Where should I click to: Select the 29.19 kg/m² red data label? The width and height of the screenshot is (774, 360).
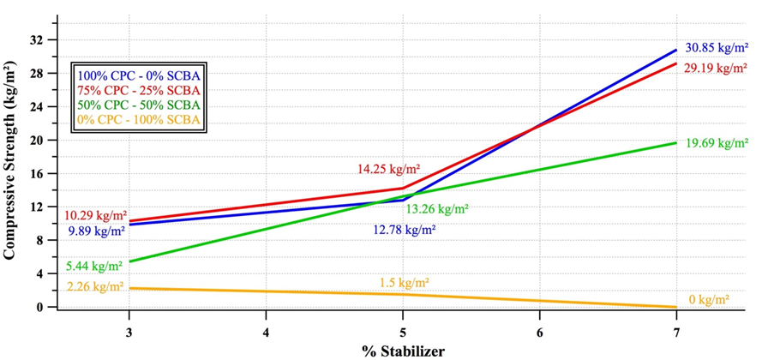point(716,67)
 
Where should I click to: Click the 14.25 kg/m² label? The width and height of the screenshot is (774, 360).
point(388,170)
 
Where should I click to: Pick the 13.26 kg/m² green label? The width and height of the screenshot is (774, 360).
point(437,208)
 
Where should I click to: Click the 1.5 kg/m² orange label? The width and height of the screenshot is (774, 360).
point(404,282)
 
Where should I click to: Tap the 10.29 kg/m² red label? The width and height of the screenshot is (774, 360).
point(95,214)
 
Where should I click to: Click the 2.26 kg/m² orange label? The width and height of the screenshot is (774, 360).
point(95,287)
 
